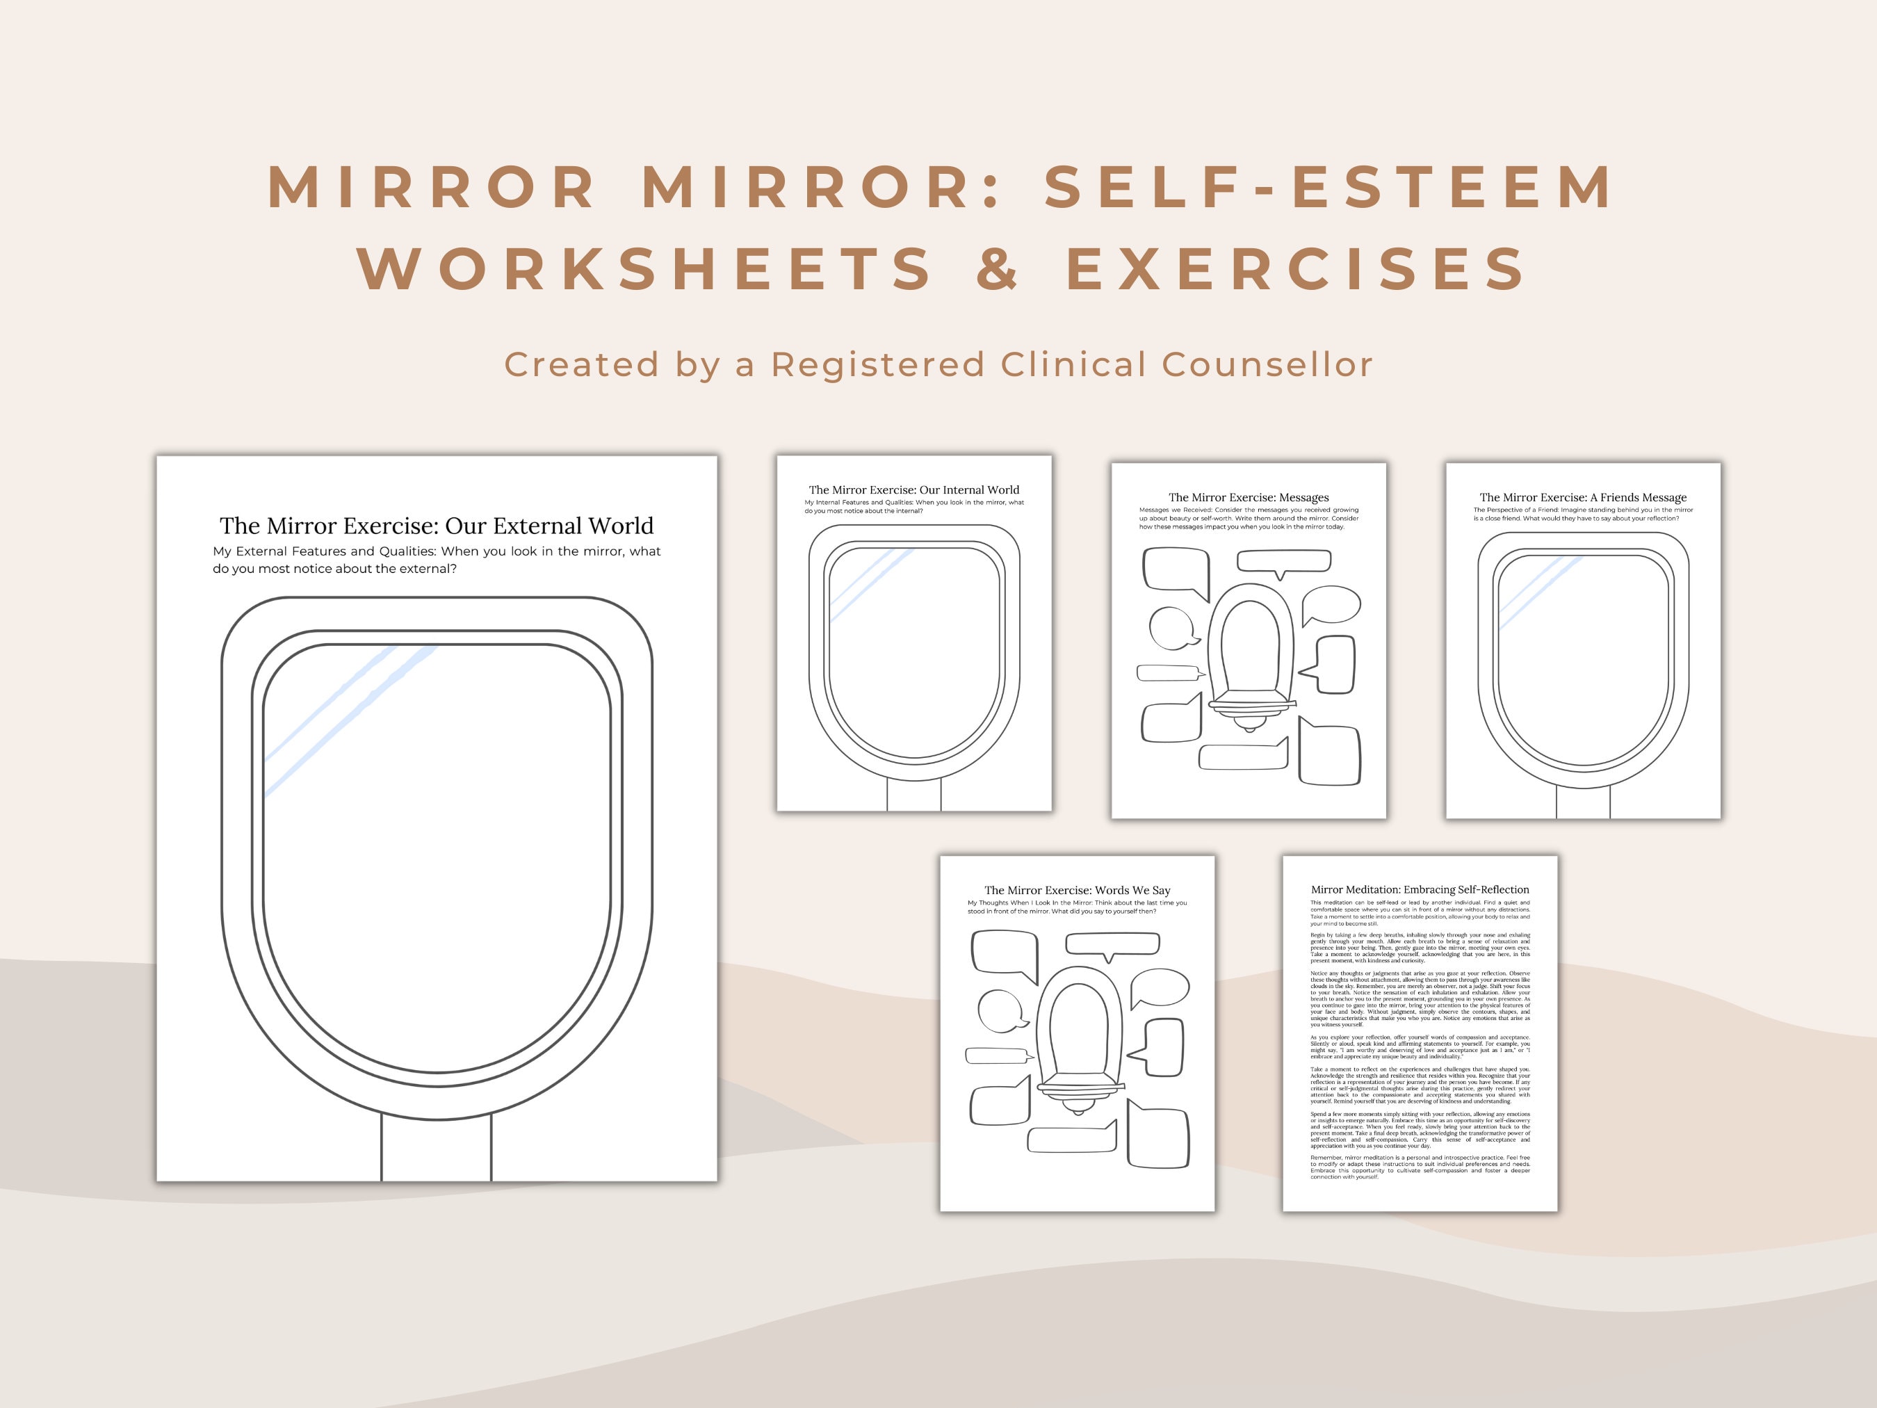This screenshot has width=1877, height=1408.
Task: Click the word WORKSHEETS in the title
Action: click(645, 269)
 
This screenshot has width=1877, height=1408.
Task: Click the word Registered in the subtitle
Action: click(877, 365)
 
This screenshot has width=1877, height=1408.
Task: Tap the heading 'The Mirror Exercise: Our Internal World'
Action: click(914, 489)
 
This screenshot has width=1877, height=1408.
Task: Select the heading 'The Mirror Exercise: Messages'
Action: click(1249, 497)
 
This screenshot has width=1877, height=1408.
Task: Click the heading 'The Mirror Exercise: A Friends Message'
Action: click(1582, 497)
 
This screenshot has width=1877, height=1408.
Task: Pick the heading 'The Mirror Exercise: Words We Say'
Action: click(1077, 890)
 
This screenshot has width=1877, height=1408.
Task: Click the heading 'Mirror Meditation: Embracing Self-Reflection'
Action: click(1420, 889)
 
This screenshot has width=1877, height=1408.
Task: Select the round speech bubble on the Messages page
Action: click(1172, 628)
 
